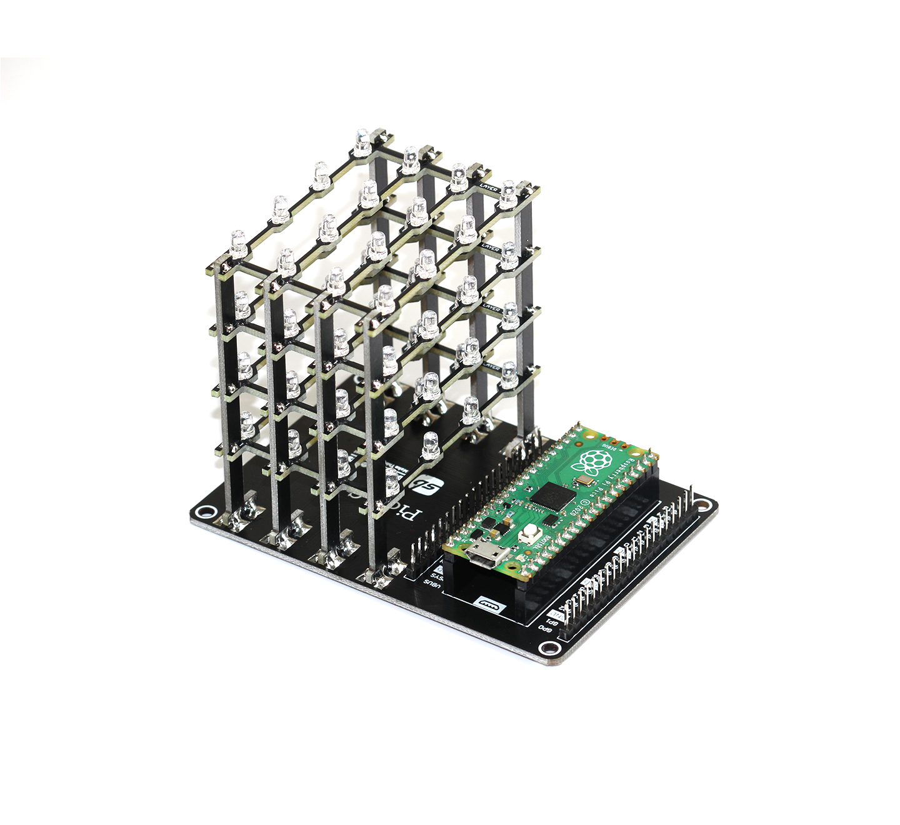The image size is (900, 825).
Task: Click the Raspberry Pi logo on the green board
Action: point(592,462)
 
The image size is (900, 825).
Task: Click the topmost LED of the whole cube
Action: point(362,142)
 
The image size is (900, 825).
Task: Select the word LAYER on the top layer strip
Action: point(489,187)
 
